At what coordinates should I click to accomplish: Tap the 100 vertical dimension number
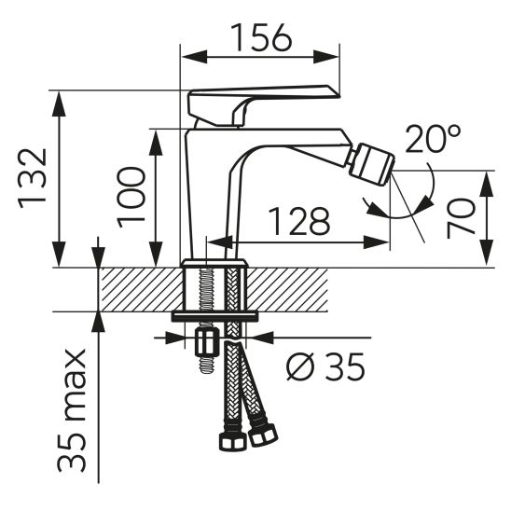131,197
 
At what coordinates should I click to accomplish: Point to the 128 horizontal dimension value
299,221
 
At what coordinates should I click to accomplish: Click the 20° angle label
433,141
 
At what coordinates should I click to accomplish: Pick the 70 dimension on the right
462,218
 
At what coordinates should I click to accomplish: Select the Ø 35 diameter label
325,368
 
